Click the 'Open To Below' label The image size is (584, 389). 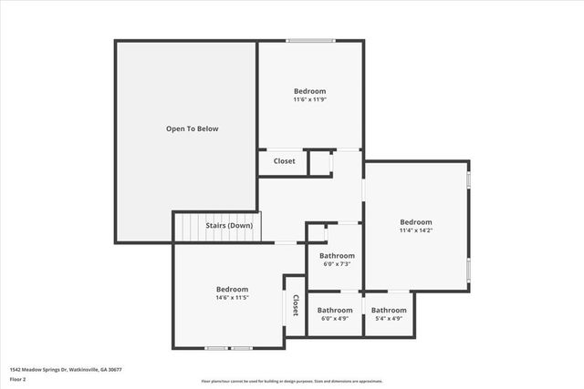[x=192, y=128]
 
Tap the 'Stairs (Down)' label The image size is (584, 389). [x=228, y=225]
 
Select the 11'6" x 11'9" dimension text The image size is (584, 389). [x=309, y=100]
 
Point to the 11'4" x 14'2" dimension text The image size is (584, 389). [x=416, y=230]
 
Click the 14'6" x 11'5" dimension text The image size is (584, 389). [x=232, y=298]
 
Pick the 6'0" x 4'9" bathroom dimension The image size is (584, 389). [x=335, y=319]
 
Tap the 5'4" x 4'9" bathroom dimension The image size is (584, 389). [x=390, y=319]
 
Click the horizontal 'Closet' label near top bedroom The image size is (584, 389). [x=284, y=161]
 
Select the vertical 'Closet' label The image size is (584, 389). [x=296, y=305]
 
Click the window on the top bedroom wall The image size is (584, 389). [x=311, y=40]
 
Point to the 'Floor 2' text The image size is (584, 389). [x=18, y=378]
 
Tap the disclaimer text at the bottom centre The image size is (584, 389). [x=292, y=382]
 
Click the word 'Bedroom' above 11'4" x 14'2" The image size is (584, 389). [x=416, y=221]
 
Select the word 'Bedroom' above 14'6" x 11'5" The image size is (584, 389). [x=232, y=289]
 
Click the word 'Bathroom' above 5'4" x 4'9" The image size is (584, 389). [x=390, y=310]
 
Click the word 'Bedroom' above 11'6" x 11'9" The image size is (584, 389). [x=309, y=91]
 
